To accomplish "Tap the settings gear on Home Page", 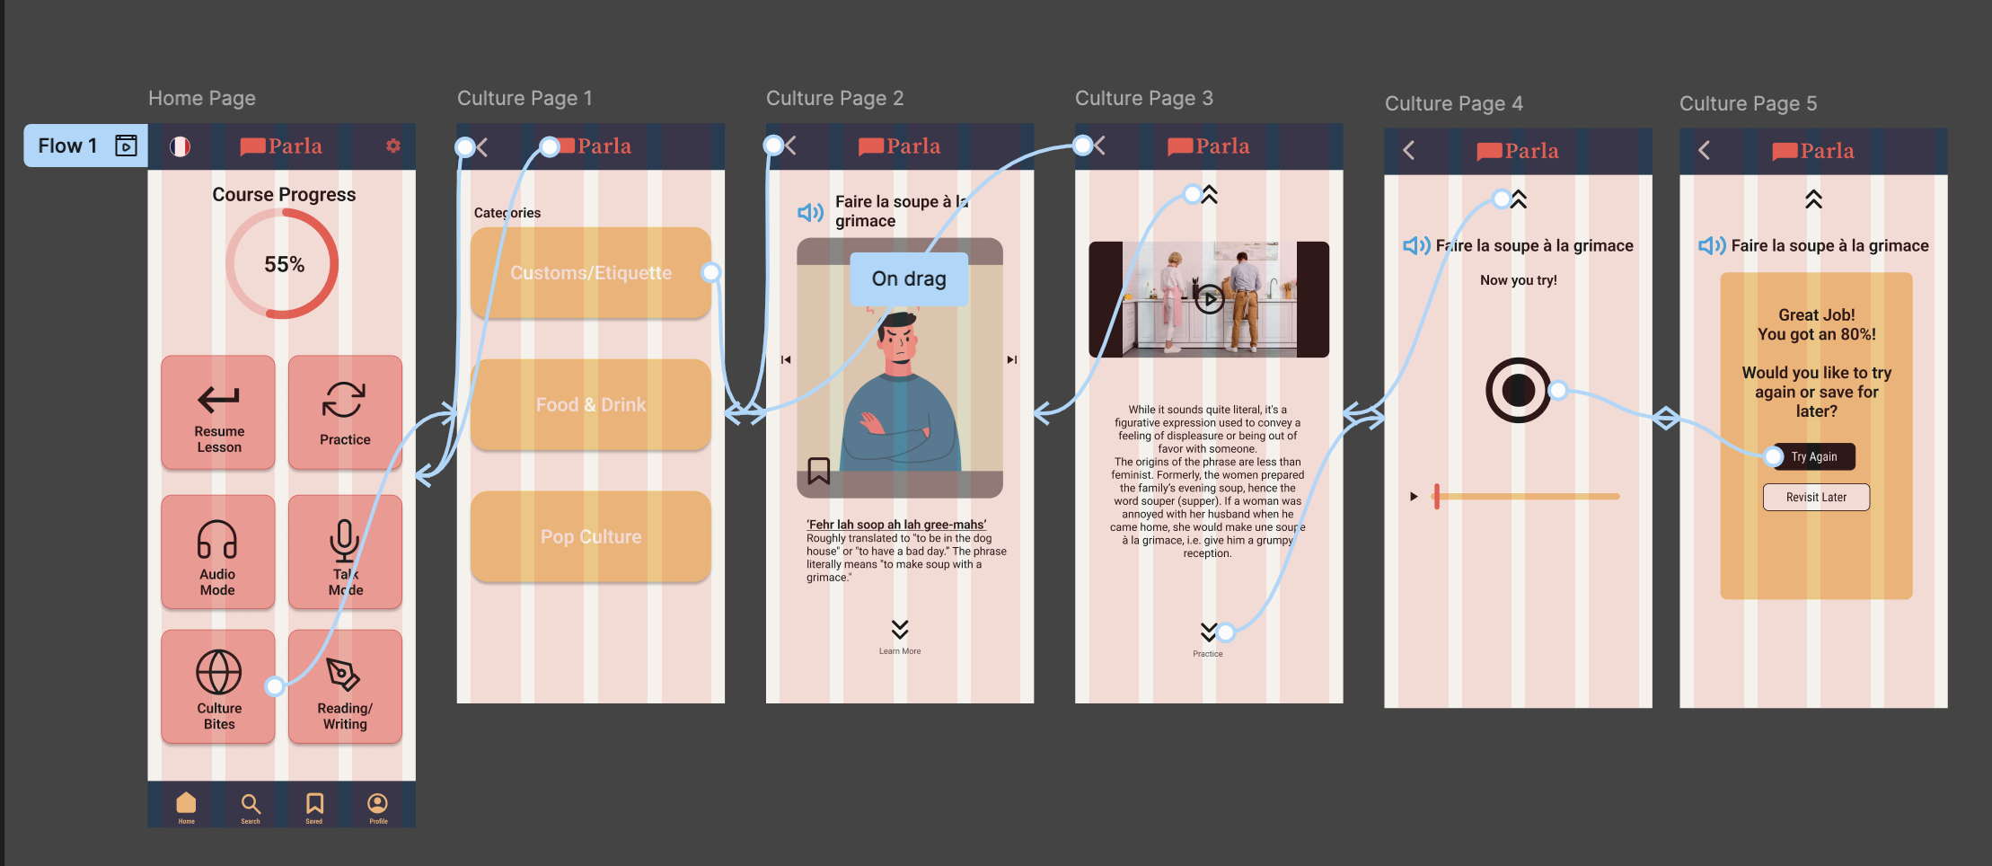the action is tap(393, 146).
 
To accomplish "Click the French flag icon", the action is tap(181, 146).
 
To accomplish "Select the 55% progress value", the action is tap(284, 264).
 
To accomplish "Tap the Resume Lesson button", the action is tap(218, 412).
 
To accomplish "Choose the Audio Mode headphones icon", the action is tap(217, 540).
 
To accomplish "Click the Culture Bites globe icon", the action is tap(219, 673).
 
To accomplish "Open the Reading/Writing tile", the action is tap(345, 687).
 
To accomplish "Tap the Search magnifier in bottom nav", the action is tap(251, 805).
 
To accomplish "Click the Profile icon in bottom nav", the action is tap(378, 805).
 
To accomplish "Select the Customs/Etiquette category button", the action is tap(590, 273).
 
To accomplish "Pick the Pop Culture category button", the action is tap(590, 536).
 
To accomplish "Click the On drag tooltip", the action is tap(909, 278).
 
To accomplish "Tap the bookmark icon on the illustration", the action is tap(818, 471).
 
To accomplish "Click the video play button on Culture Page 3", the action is tap(1209, 299).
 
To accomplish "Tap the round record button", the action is tap(1518, 390).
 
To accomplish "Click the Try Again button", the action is tap(1814, 456).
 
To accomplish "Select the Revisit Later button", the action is tap(1816, 497).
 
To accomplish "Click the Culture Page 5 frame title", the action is tap(1748, 103).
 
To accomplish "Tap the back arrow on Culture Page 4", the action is tap(1409, 150).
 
